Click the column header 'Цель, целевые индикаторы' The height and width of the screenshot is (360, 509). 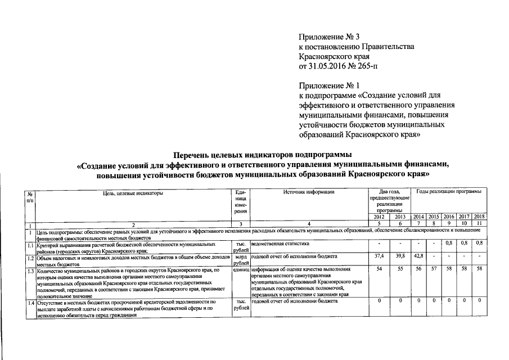click(x=133, y=192)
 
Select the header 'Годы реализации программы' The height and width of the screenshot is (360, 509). click(x=448, y=192)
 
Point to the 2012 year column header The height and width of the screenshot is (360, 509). click(x=380, y=217)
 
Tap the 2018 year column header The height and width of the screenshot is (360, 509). click(x=479, y=217)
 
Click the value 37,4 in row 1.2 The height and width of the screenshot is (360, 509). click(x=380, y=255)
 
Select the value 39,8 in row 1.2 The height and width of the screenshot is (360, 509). click(x=400, y=255)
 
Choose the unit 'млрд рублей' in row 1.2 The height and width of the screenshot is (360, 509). click(x=241, y=259)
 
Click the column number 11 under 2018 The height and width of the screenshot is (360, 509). click(x=479, y=223)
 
